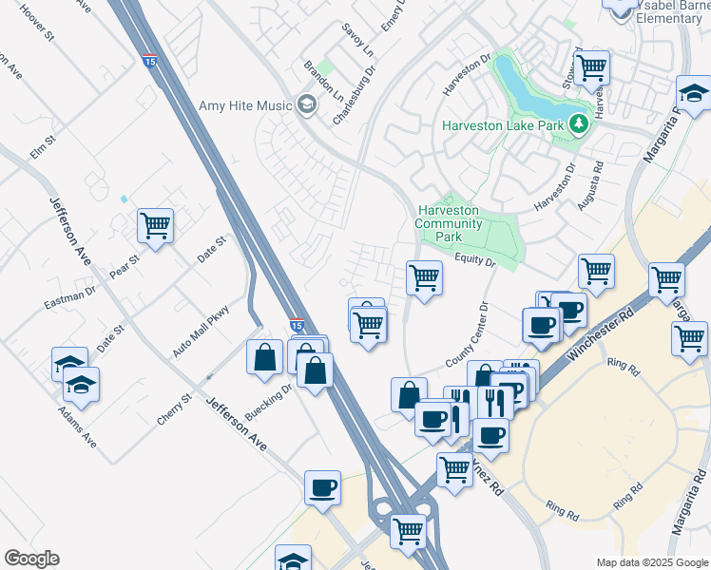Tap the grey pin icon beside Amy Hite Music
click(x=306, y=104)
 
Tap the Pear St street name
click(x=124, y=265)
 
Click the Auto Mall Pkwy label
click(x=202, y=331)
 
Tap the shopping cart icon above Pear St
click(x=155, y=226)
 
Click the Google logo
click(x=31, y=559)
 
